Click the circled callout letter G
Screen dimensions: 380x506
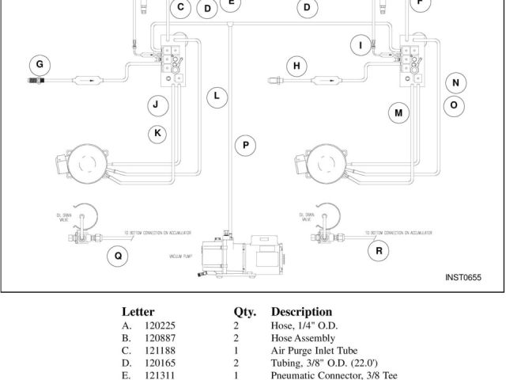[39, 63]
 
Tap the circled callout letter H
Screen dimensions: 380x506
[297, 66]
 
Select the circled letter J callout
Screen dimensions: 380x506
[157, 104]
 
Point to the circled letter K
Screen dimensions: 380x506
[158, 132]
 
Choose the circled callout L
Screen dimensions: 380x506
[216, 97]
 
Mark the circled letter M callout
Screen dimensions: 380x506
[398, 113]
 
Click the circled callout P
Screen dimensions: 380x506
[246, 145]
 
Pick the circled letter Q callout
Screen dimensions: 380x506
[118, 255]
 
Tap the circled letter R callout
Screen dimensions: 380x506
[379, 251]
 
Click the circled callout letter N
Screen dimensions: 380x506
[455, 83]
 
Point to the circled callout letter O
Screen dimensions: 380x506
[454, 104]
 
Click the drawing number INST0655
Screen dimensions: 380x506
[463, 277]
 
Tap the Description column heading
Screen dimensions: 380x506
[301, 312]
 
